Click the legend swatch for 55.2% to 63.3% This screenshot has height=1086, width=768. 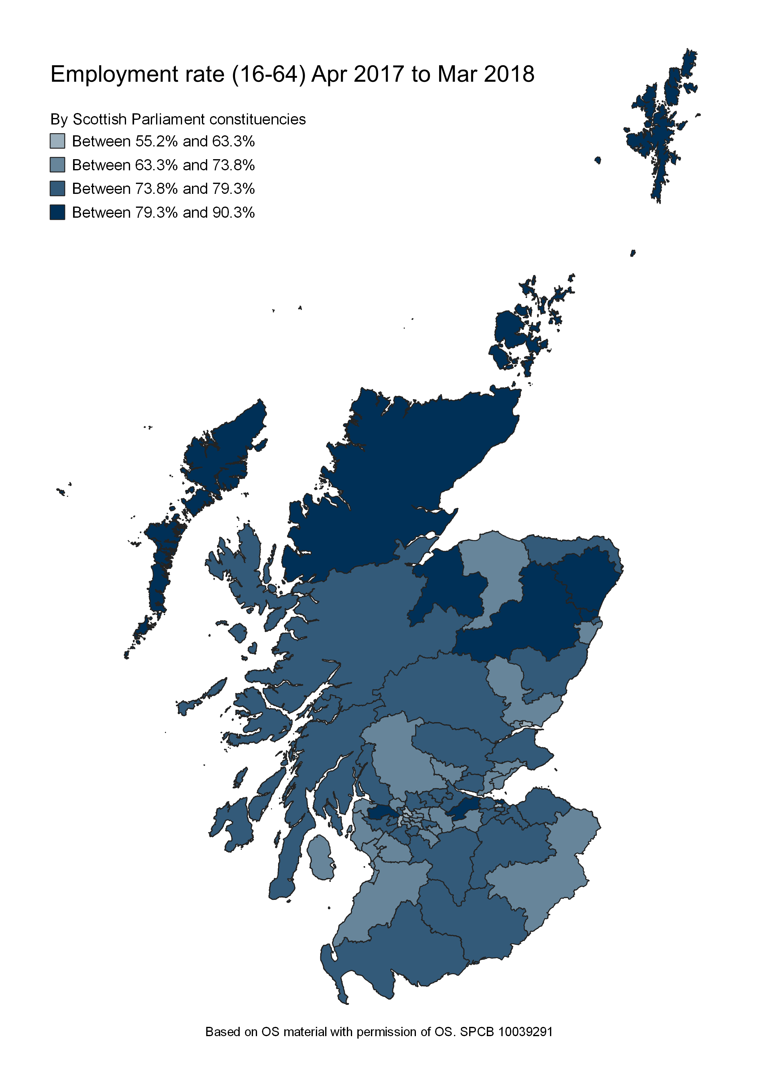[x=57, y=141]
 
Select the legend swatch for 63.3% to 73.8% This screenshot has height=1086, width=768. [x=57, y=165]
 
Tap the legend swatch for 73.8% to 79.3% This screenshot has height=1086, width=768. [x=57, y=188]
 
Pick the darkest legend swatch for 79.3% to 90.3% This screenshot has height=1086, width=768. [x=57, y=212]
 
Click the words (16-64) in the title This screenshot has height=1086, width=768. [x=268, y=75]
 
